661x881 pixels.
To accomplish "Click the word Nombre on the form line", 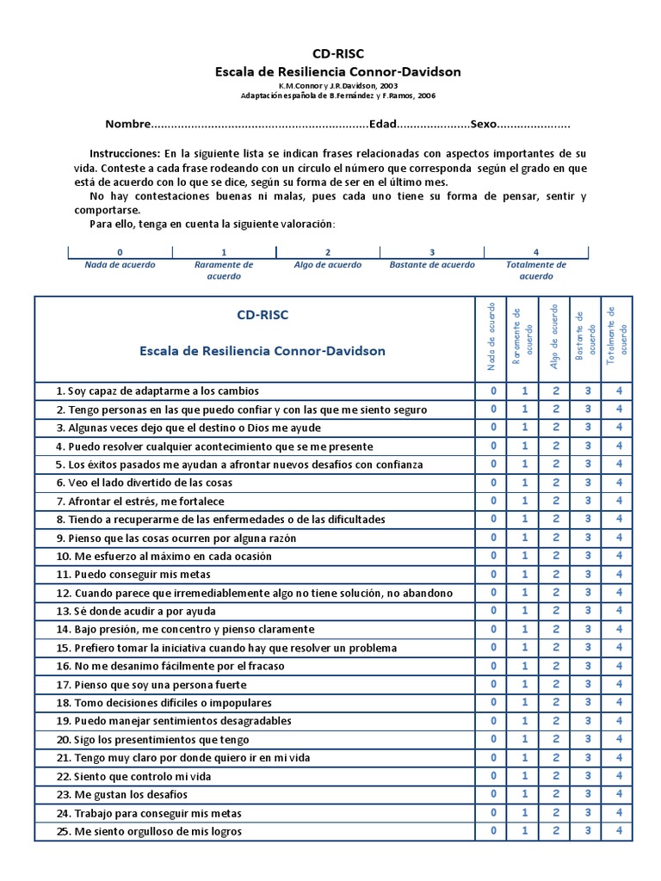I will [127, 124].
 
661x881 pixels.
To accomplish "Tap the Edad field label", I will [382, 124].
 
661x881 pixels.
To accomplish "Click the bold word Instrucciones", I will [124, 152].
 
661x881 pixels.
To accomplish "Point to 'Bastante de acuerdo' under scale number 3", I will [432, 265].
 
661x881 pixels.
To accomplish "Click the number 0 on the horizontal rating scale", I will [120, 252].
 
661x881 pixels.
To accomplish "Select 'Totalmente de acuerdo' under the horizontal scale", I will [536, 270].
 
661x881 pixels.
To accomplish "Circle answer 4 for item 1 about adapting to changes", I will [619, 391].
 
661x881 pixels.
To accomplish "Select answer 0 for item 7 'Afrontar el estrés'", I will [493, 501].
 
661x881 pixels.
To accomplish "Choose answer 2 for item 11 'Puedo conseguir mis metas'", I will [556, 574].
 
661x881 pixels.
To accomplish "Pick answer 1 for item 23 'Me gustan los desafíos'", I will [525, 794].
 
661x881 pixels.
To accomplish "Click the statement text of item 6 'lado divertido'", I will [145, 483].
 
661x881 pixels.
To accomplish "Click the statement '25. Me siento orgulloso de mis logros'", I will [149, 831].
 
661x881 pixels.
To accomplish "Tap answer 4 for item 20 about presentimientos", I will [619, 739].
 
